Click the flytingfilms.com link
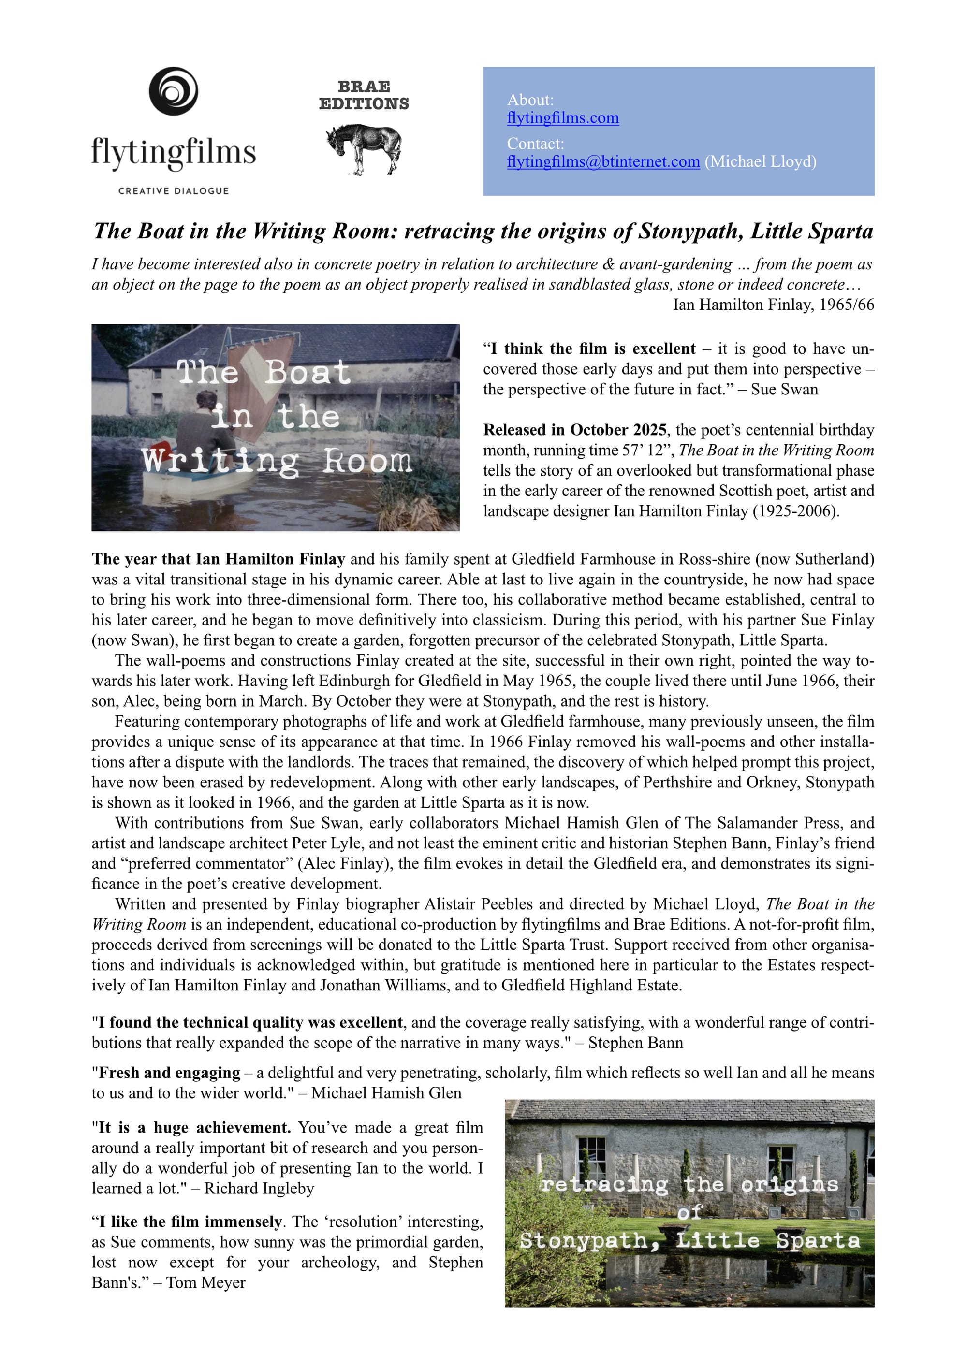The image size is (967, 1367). pyautogui.click(x=563, y=118)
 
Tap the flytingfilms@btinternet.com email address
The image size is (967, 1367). pyautogui.click(x=603, y=162)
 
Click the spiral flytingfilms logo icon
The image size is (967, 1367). pyautogui.click(x=173, y=91)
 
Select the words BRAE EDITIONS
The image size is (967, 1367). pyautogui.click(x=364, y=95)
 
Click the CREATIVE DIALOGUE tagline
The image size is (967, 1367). pyautogui.click(x=173, y=191)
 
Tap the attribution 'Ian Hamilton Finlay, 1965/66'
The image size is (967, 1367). pyautogui.click(x=774, y=305)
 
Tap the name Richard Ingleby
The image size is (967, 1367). pyautogui.click(x=259, y=1188)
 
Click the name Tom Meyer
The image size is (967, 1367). pyautogui.click(x=206, y=1282)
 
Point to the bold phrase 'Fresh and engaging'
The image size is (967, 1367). pyautogui.click(x=169, y=1073)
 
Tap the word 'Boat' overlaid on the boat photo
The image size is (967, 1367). pyautogui.click(x=308, y=373)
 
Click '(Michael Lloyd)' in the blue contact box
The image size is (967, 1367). pyautogui.click(x=761, y=162)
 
